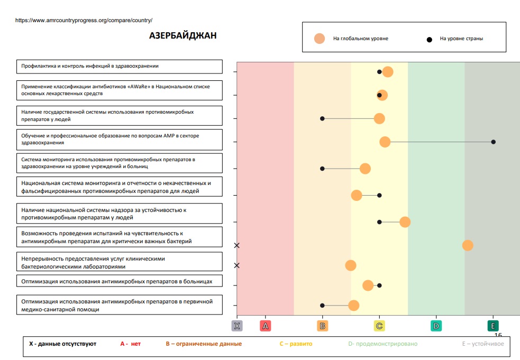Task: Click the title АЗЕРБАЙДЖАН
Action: tap(183, 36)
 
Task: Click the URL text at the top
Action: tap(84, 20)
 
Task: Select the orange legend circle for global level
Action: tap(319, 39)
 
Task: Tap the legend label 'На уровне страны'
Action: tap(461, 39)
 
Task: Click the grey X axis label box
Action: tap(237, 326)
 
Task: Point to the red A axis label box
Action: tap(266, 326)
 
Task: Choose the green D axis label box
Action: tap(436, 326)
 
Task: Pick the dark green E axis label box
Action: tap(493, 326)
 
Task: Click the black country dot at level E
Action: tap(493, 142)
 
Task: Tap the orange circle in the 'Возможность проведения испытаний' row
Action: tap(468, 245)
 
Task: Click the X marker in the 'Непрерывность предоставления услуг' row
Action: tap(237, 265)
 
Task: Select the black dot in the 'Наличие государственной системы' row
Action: tap(322, 118)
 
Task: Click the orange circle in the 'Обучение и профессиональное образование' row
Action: tap(385, 142)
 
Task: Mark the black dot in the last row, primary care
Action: tap(322, 306)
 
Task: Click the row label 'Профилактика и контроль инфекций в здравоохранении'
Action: tap(90, 66)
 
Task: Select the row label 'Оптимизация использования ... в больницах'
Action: tap(117, 282)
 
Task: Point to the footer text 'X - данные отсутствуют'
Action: tap(62, 344)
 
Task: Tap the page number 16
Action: tap(498, 335)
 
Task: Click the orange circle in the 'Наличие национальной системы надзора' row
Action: tap(405, 222)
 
